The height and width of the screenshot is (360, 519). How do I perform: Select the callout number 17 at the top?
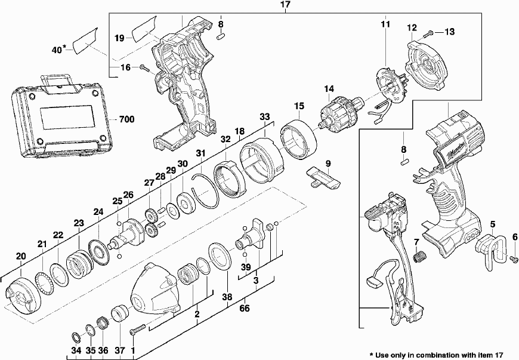285,5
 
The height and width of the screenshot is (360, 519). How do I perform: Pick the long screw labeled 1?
137,327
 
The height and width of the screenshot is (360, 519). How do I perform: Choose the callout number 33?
265,117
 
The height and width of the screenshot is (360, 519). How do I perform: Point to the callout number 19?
119,38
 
